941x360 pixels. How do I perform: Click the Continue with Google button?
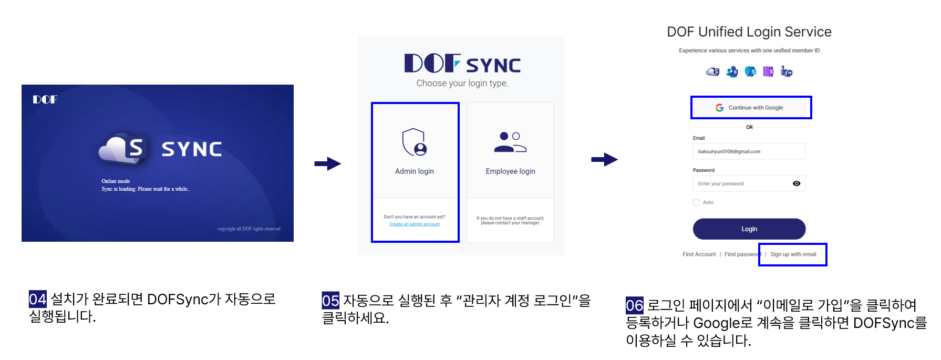coord(750,108)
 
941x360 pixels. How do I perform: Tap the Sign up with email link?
coord(793,254)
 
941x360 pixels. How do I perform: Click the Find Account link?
coord(699,254)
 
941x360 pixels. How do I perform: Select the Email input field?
coord(749,151)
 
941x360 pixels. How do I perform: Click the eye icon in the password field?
coord(797,183)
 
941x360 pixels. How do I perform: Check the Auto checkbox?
coord(696,202)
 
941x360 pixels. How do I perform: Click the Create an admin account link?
coord(414,224)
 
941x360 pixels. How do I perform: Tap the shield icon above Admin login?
coord(414,142)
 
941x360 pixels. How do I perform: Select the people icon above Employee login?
coord(510,142)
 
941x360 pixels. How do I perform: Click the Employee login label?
coord(510,171)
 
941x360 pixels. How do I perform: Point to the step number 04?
coord(37,299)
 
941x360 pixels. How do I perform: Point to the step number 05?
coord(330,301)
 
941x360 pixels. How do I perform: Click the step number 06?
coord(634,305)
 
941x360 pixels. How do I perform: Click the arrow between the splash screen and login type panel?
coord(328,163)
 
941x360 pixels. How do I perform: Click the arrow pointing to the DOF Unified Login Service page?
coord(604,159)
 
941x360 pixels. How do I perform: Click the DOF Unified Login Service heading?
coord(749,32)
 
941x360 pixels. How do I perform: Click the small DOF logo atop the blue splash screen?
coord(45,99)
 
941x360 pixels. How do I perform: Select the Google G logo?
coord(719,108)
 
